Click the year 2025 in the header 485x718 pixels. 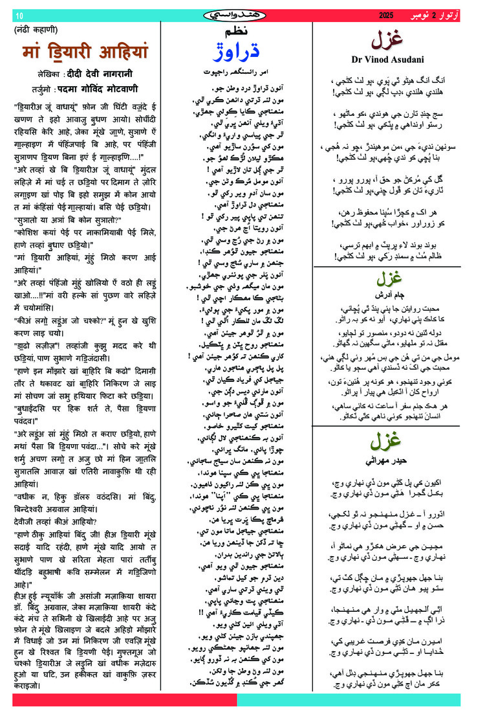click(x=386, y=14)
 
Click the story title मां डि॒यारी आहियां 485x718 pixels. click(x=85, y=51)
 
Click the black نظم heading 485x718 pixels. click(x=235, y=32)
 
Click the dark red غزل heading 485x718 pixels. click(x=387, y=41)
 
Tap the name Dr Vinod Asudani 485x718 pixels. click(x=387, y=60)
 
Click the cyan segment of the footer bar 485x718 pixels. click(x=349, y=699)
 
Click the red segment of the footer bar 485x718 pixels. click(x=123, y=699)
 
